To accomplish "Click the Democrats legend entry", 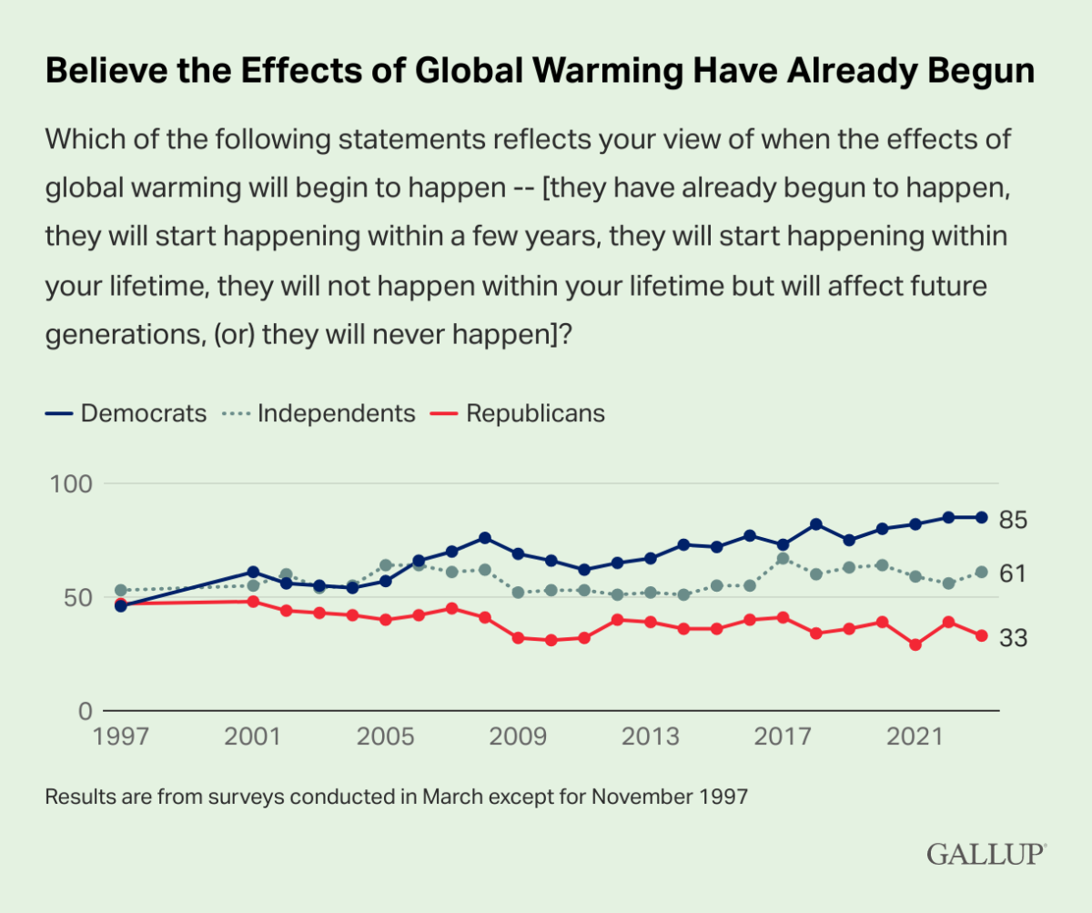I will [x=126, y=413].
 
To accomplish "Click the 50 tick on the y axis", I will [x=76, y=597].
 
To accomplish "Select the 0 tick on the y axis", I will [x=85, y=710].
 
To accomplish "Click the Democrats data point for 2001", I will [x=253, y=573].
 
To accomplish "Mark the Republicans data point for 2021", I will [x=915, y=644].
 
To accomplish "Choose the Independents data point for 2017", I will [x=783, y=558].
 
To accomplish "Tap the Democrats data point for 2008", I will [x=485, y=538].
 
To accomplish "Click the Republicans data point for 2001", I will [x=253, y=602].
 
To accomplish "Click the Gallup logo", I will [x=986, y=854].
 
